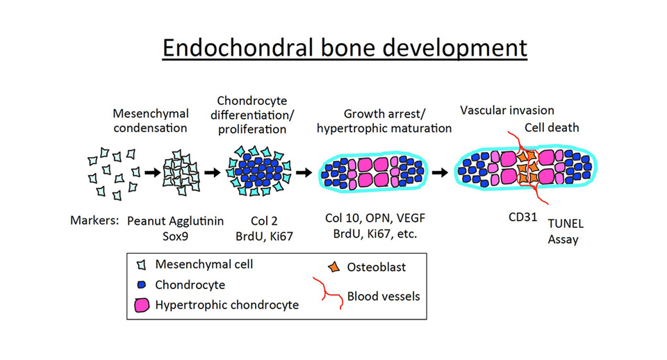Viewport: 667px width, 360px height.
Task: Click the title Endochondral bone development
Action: pos(345,48)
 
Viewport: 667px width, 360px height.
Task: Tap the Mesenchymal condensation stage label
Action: pos(151,121)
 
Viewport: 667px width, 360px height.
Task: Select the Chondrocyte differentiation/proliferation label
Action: pos(252,115)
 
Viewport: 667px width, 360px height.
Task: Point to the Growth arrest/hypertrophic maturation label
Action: pos(384,121)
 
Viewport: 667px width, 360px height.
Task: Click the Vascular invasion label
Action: pos(507,111)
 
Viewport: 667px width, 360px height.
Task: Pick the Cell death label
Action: pos(552,127)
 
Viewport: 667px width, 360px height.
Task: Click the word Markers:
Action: pos(94,220)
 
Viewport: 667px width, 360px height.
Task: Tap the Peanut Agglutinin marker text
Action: pos(175,221)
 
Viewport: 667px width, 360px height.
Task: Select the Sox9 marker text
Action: pos(175,236)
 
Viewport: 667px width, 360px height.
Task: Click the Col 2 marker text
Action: pos(264,221)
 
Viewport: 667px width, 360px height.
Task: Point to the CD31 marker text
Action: pos(522,217)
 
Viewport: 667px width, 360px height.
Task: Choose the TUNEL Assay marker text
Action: pos(566,231)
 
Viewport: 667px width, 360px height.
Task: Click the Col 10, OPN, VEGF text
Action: pos(375,218)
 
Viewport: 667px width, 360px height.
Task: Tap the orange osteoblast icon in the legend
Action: pos(334,267)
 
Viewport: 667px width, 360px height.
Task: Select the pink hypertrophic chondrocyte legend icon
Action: pos(142,305)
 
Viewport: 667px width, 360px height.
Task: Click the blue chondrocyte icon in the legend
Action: pos(142,285)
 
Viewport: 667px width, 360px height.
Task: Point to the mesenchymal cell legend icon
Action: pos(141,265)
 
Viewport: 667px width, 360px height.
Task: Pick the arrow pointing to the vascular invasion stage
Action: pos(440,173)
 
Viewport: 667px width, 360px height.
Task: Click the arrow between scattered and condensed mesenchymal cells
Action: pos(152,172)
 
